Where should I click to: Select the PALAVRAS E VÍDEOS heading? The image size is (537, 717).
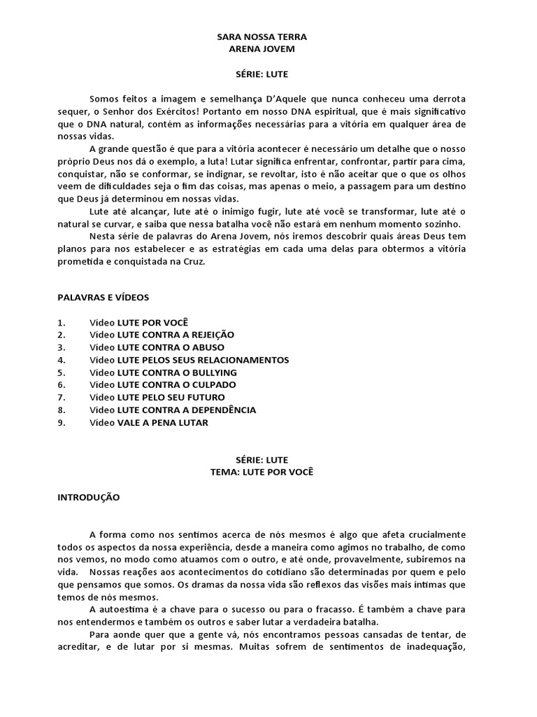pos(103,297)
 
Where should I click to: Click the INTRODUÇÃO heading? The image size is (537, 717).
pos(88,497)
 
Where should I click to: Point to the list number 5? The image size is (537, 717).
pos(61,373)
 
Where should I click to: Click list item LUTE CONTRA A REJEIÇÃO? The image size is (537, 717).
pos(176,335)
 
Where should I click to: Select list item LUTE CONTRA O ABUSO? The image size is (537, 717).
pos(171,347)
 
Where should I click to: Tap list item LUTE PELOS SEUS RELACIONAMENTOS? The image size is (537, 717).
pos(203,360)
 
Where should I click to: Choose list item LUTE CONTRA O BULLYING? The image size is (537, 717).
pos(177,373)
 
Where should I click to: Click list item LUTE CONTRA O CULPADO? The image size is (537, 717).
pos(176,385)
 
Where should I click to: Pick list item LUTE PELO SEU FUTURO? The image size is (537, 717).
pos(171,398)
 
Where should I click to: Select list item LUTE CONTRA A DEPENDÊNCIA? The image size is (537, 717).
pos(186,410)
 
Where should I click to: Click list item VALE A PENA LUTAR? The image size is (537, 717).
pos(162,423)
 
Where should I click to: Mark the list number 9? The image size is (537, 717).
pos(61,423)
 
